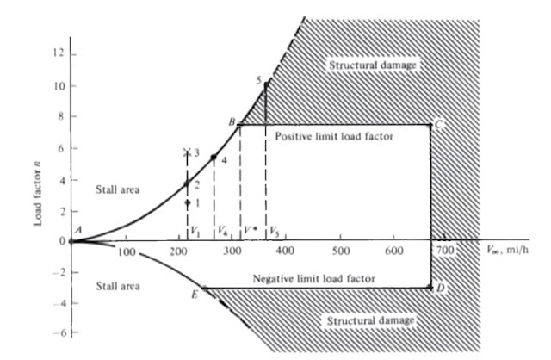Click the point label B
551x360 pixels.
pos(232,123)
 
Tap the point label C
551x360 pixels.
pos(439,126)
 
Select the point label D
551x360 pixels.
pos(440,287)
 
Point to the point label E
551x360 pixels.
pos(195,295)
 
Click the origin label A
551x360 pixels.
pos(78,230)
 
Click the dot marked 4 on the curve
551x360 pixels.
pos(214,158)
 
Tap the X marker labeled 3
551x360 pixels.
pos(187,152)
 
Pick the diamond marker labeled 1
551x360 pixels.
pos(187,202)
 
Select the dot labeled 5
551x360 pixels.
pos(266,84)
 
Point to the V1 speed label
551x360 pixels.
pos(195,231)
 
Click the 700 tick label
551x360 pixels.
pos(445,251)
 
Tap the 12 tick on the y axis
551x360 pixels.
pos(59,53)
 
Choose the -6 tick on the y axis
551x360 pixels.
pos(56,332)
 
